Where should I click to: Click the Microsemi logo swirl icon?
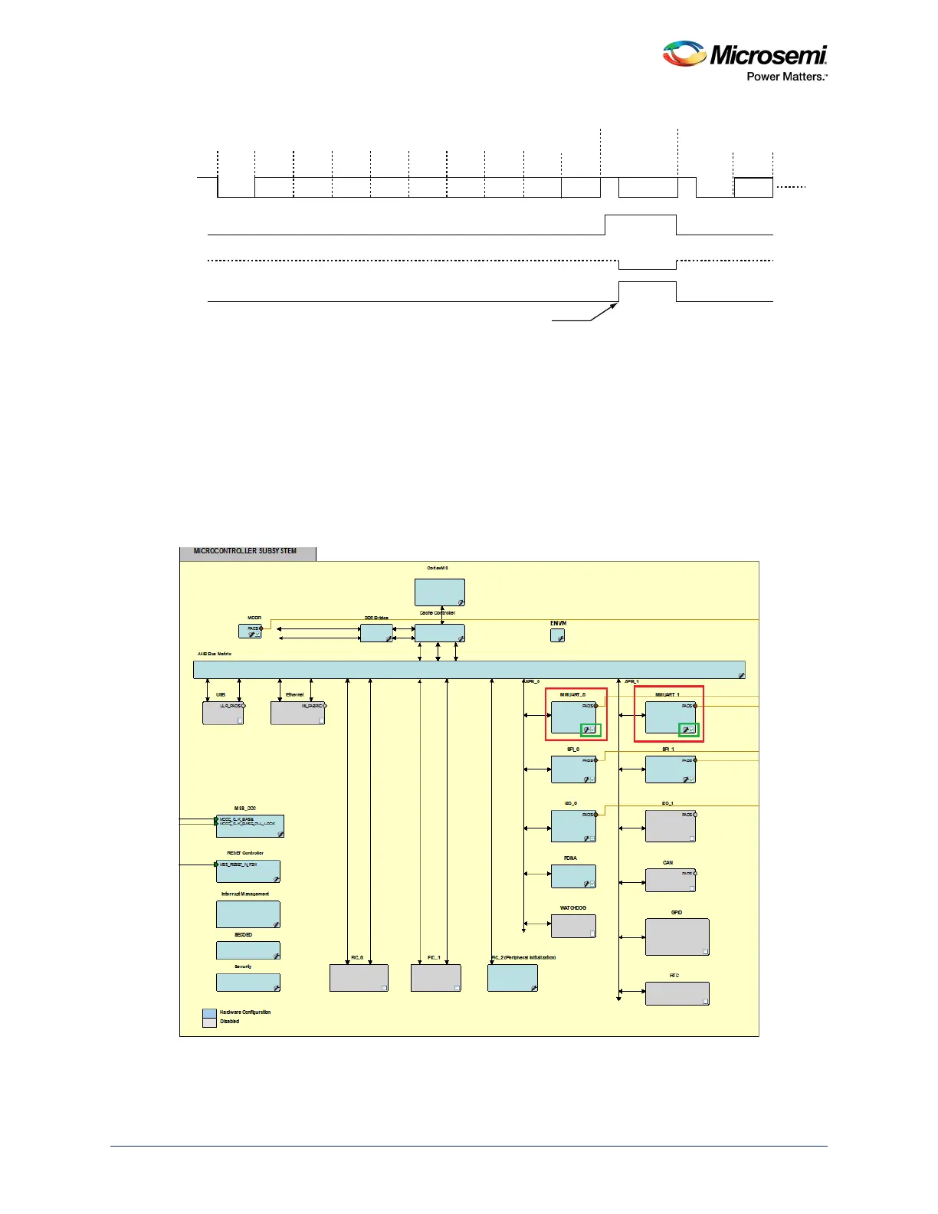coord(684,54)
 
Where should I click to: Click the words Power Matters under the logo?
coord(786,77)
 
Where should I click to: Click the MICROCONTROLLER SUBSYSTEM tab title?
coord(245,551)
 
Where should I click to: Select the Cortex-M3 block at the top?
coord(439,592)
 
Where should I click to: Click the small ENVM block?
coord(557,635)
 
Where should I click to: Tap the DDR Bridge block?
coord(376,633)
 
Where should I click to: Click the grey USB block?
coord(223,713)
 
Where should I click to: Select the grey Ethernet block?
coord(297,713)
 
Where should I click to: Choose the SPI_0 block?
coord(573,769)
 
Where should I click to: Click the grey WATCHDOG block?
coord(573,926)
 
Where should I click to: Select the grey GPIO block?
coord(677,937)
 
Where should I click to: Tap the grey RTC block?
coord(677,993)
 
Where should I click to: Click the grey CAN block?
coord(671,880)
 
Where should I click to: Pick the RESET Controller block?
coord(248,871)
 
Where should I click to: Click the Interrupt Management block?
coord(248,914)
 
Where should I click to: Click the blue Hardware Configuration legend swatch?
coord(209,1013)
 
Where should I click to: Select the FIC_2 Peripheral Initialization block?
coord(512,978)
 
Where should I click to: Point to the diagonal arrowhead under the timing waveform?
coord(614,306)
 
